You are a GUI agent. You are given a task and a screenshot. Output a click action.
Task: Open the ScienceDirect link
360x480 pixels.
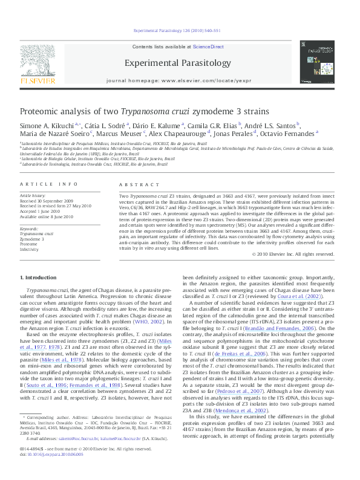point(208,47)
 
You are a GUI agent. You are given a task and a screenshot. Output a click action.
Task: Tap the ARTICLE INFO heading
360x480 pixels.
point(48,184)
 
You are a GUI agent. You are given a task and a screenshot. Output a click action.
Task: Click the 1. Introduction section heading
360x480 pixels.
point(38,277)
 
